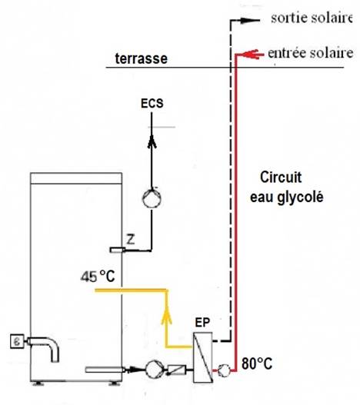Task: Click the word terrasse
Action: pyautogui.click(x=142, y=58)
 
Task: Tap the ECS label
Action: pyautogui.click(x=152, y=103)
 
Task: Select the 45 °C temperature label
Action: pyautogui.click(x=98, y=277)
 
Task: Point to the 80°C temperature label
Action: pyautogui.click(x=257, y=364)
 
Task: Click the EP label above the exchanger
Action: pyautogui.click(x=202, y=323)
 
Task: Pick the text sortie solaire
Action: pyautogui.click(x=312, y=18)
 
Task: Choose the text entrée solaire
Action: pyautogui.click(x=310, y=53)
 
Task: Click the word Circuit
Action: pyautogui.click(x=281, y=178)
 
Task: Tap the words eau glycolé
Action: pyautogui.click(x=287, y=198)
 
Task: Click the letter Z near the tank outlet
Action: pyautogui.click(x=131, y=240)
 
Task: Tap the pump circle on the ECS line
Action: pyautogui.click(x=152, y=198)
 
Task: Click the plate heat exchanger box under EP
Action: pyautogui.click(x=203, y=357)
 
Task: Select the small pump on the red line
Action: pyautogui.click(x=223, y=370)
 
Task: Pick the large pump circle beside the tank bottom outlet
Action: pyautogui.click(x=155, y=370)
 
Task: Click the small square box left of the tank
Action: pyautogui.click(x=18, y=341)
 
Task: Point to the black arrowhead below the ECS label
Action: pyautogui.click(x=152, y=141)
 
